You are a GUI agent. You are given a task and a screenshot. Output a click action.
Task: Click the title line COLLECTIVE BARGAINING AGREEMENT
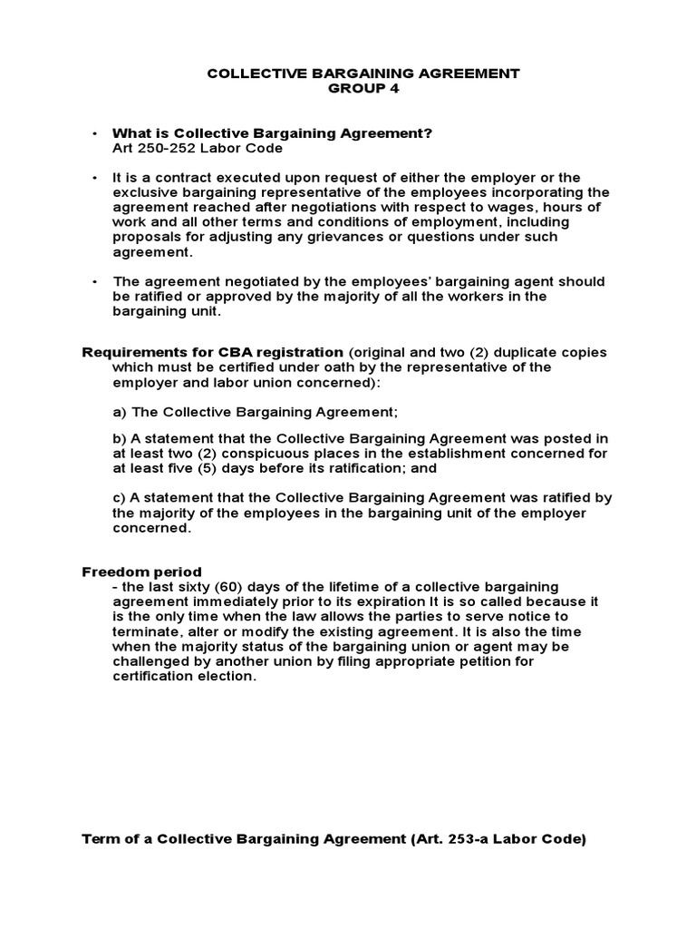(x=363, y=73)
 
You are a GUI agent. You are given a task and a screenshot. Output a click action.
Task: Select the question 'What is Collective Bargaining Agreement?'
(x=273, y=133)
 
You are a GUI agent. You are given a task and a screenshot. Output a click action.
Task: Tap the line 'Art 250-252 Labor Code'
(x=198, y=148)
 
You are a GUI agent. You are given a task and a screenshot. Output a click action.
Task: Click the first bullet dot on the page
(x=94, y=134)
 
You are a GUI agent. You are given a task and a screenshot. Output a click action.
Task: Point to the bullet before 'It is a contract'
(x=94, y=178)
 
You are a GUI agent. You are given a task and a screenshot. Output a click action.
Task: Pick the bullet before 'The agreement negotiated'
(x=94, y=281)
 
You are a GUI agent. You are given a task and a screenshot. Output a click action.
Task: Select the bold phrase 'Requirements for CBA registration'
(x=212, y=352)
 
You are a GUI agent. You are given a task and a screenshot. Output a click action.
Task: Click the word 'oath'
(x=379, y=367)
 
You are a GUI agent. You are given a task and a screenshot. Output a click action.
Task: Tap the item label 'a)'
(x=119, y=411)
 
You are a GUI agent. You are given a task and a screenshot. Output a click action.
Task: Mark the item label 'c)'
(x=119, y=498)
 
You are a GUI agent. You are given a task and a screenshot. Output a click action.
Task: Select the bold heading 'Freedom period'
(x=142, y=572)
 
